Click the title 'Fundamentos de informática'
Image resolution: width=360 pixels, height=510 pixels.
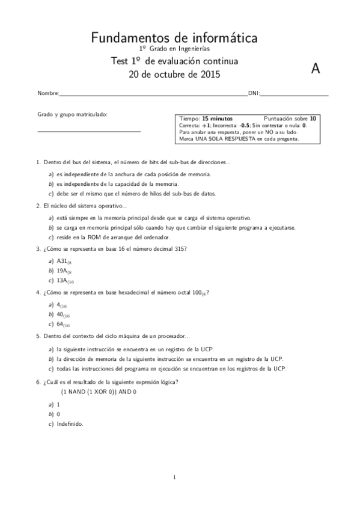point(174,38)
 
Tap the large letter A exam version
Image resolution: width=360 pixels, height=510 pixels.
point(315,69)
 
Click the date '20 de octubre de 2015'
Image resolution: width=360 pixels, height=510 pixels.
point(174,75)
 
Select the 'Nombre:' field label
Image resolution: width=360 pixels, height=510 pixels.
point(48,94)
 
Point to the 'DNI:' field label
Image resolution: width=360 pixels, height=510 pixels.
point(254,94)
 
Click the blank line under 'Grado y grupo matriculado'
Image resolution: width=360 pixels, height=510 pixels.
point(89,131)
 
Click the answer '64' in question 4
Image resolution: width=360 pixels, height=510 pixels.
point(62,324)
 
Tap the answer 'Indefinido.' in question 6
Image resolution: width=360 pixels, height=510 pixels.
point(71,423)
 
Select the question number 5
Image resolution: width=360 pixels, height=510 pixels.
point(38,336)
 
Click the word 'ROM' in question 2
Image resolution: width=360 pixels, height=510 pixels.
point(91,238)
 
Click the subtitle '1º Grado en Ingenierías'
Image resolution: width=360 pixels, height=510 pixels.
point(174,49)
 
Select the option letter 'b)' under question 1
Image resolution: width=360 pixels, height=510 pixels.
point(51,183)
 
